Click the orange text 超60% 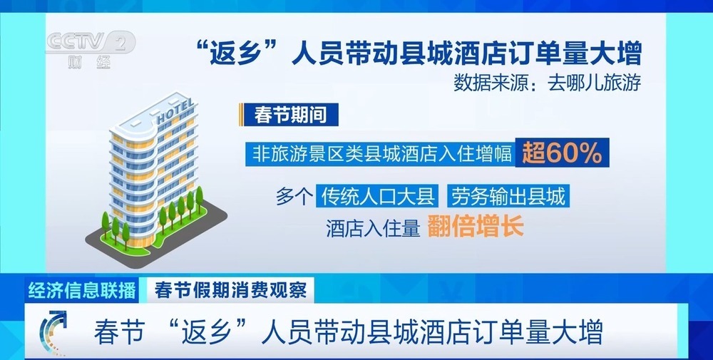point(561,153)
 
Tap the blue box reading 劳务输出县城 point(508,195)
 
